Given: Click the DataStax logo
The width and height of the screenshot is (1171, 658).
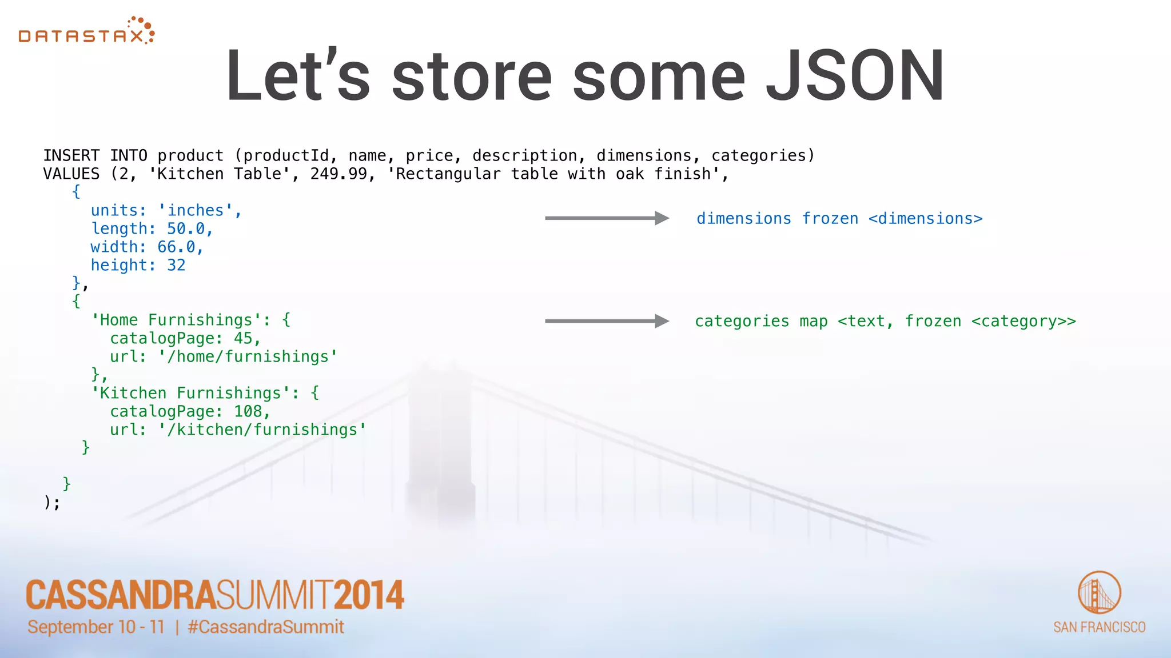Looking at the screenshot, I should pos(86,32).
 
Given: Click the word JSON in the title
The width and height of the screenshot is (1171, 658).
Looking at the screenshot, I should pos(855,76).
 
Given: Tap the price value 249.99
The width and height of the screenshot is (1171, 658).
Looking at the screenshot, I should pos(338,174).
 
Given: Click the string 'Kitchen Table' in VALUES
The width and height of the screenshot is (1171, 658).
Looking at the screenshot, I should pos(220,174).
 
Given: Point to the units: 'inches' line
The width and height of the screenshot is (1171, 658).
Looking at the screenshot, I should pos(166,211).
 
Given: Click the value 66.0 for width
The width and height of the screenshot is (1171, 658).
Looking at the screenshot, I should pos(176,247).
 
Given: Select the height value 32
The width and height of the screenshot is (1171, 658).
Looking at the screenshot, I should pos(176,266).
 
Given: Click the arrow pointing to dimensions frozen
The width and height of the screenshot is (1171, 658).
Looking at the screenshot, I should pos(606,218).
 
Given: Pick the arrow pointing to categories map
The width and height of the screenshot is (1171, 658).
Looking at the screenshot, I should pos(606,321).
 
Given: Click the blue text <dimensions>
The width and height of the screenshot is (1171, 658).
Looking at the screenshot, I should pos(925,219).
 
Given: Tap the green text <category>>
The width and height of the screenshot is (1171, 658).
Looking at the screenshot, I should pos(1023,322).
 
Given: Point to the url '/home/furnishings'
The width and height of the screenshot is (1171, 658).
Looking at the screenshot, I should pos(248,357).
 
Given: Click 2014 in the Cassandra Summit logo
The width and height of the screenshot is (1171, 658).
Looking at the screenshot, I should pos(369,595).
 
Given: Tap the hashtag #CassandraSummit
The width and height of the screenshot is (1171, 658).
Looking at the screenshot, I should pos(266,627).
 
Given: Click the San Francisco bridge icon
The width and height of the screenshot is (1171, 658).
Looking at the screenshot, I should pos(1098,592).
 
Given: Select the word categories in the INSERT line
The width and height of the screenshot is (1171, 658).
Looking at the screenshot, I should pos(758,156).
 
